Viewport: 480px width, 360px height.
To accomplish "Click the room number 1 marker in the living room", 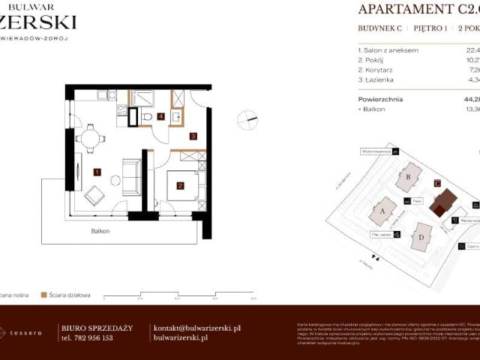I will click(x=97, y=172).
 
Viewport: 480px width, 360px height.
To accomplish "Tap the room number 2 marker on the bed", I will click(x=180, y=185).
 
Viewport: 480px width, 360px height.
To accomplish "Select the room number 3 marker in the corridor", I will click(x=193, y=136).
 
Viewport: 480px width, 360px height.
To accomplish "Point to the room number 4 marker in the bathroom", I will click(x=161, y=117).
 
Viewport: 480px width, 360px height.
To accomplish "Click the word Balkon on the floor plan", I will click(x=100, y=232).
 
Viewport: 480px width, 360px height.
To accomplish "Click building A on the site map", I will click(x=384, y=212).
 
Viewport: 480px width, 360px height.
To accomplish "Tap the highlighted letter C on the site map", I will click(x=437, y=182).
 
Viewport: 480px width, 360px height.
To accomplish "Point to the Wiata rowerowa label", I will click(x=372, y=151).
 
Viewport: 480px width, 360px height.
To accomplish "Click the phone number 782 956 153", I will click(x=86, y=338).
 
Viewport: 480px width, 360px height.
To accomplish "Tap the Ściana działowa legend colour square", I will click(x=44, y=295).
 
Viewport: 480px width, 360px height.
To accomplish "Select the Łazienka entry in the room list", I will click(x=379, y=79).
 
